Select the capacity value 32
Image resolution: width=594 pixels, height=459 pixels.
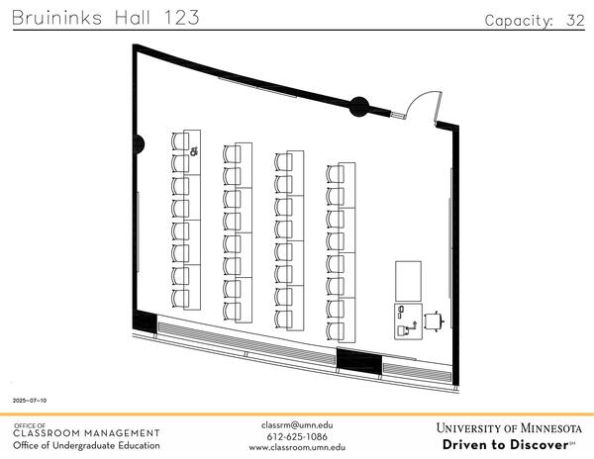click(575, 21)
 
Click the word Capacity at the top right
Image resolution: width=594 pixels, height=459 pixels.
click(519, 21)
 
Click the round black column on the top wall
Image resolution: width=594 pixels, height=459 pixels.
click(359, 103)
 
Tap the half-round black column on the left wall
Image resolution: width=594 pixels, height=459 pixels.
click(139, 145)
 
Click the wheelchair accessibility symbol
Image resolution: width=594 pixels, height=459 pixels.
click(194, 151)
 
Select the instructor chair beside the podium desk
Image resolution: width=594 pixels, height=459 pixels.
click(433, 320)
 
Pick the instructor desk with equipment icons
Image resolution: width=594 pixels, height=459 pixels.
click(406, 321)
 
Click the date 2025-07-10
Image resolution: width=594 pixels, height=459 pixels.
click(30, 401)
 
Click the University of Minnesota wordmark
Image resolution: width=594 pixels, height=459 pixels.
click(508, 428)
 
